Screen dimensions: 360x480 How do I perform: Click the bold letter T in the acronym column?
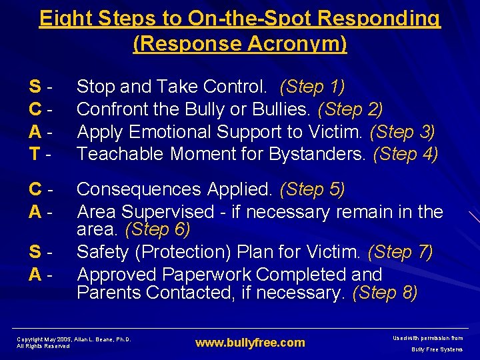coord(33,154)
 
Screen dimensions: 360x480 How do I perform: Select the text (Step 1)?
coord(312,87)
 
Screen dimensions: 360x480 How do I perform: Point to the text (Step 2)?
coord(351,109)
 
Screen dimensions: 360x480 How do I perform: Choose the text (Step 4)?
coord(405,154)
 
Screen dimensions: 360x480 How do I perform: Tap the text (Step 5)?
coord(312,189)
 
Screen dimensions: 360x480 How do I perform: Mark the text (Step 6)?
coord(157,229)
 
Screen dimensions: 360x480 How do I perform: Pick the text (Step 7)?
coord(400,252)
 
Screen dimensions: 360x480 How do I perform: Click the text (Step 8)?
coord(385,293)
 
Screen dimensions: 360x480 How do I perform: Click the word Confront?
coord(112,109)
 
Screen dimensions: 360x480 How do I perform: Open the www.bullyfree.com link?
coord(249,343)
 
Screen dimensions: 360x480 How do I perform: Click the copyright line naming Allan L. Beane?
coord(73,339)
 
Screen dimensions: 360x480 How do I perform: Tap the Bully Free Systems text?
coord(437,349)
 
